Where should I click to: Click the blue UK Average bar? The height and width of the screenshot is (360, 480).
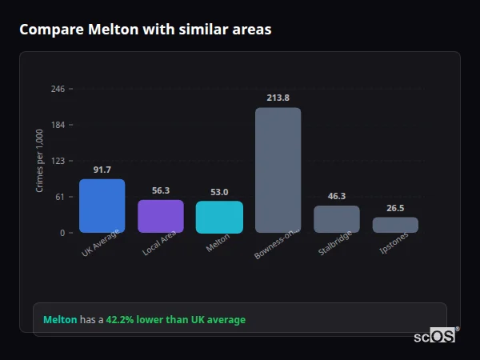click(102, 206)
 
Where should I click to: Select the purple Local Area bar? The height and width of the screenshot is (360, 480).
click(161, 216)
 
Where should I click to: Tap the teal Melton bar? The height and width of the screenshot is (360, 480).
click(219, 217)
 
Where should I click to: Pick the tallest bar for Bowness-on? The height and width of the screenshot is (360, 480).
click(278, 170)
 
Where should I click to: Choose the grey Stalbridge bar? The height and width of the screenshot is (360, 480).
click(337, 219)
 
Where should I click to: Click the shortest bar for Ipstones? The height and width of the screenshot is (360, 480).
click(395, 225)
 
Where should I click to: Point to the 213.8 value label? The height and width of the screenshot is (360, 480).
click(278, 98)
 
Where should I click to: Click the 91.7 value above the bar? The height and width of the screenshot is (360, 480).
click(102, 170)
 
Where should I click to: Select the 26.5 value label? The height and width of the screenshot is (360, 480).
click(395, 208)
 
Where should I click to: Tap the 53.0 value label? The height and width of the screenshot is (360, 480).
click(219, 192)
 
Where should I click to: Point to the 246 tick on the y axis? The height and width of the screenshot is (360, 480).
click(58, 89)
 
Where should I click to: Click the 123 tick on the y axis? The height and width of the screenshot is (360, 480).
click(58, 161)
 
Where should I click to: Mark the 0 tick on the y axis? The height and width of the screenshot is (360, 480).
click(62, 233)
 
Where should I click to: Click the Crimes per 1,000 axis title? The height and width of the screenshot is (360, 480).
click(39, 161)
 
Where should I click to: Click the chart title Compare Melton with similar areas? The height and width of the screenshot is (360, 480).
click(145, 30)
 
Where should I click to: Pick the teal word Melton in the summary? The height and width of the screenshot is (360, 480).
click(60, 319)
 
